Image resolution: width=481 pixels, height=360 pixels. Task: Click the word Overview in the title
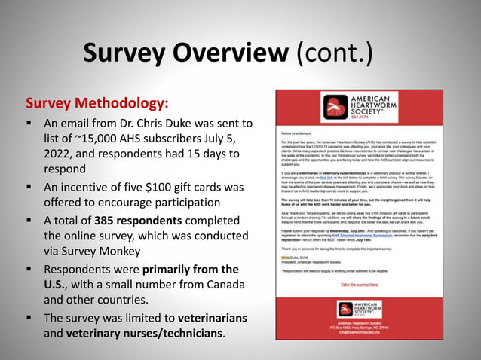pyautogui.click(x=234, y=53)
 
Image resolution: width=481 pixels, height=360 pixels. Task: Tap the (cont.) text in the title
pyautogui.click(x=335, y=53)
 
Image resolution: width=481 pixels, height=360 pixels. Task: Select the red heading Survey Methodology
pyautogui.click(x=97, y=102)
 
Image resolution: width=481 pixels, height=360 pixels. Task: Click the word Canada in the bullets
pyautogui.click(x=222, y=284)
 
